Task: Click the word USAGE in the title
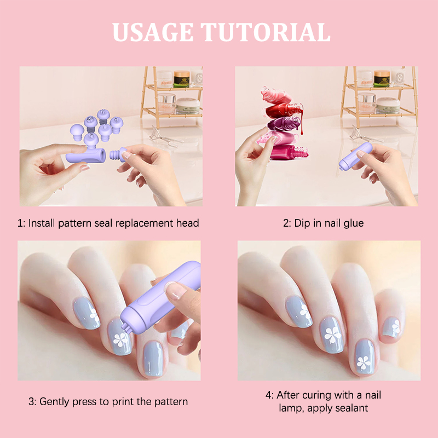[153, 32]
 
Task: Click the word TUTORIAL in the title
[266, 32]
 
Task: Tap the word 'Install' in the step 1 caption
[42, 223]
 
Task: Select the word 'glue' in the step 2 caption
[354, 223]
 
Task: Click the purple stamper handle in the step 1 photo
[86, 155]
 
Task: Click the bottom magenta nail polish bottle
[289, 153]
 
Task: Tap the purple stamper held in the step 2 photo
[355, 156]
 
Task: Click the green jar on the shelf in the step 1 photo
[182, 79]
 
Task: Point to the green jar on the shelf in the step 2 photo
[382, 78]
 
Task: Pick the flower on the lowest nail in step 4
[364, 362]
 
